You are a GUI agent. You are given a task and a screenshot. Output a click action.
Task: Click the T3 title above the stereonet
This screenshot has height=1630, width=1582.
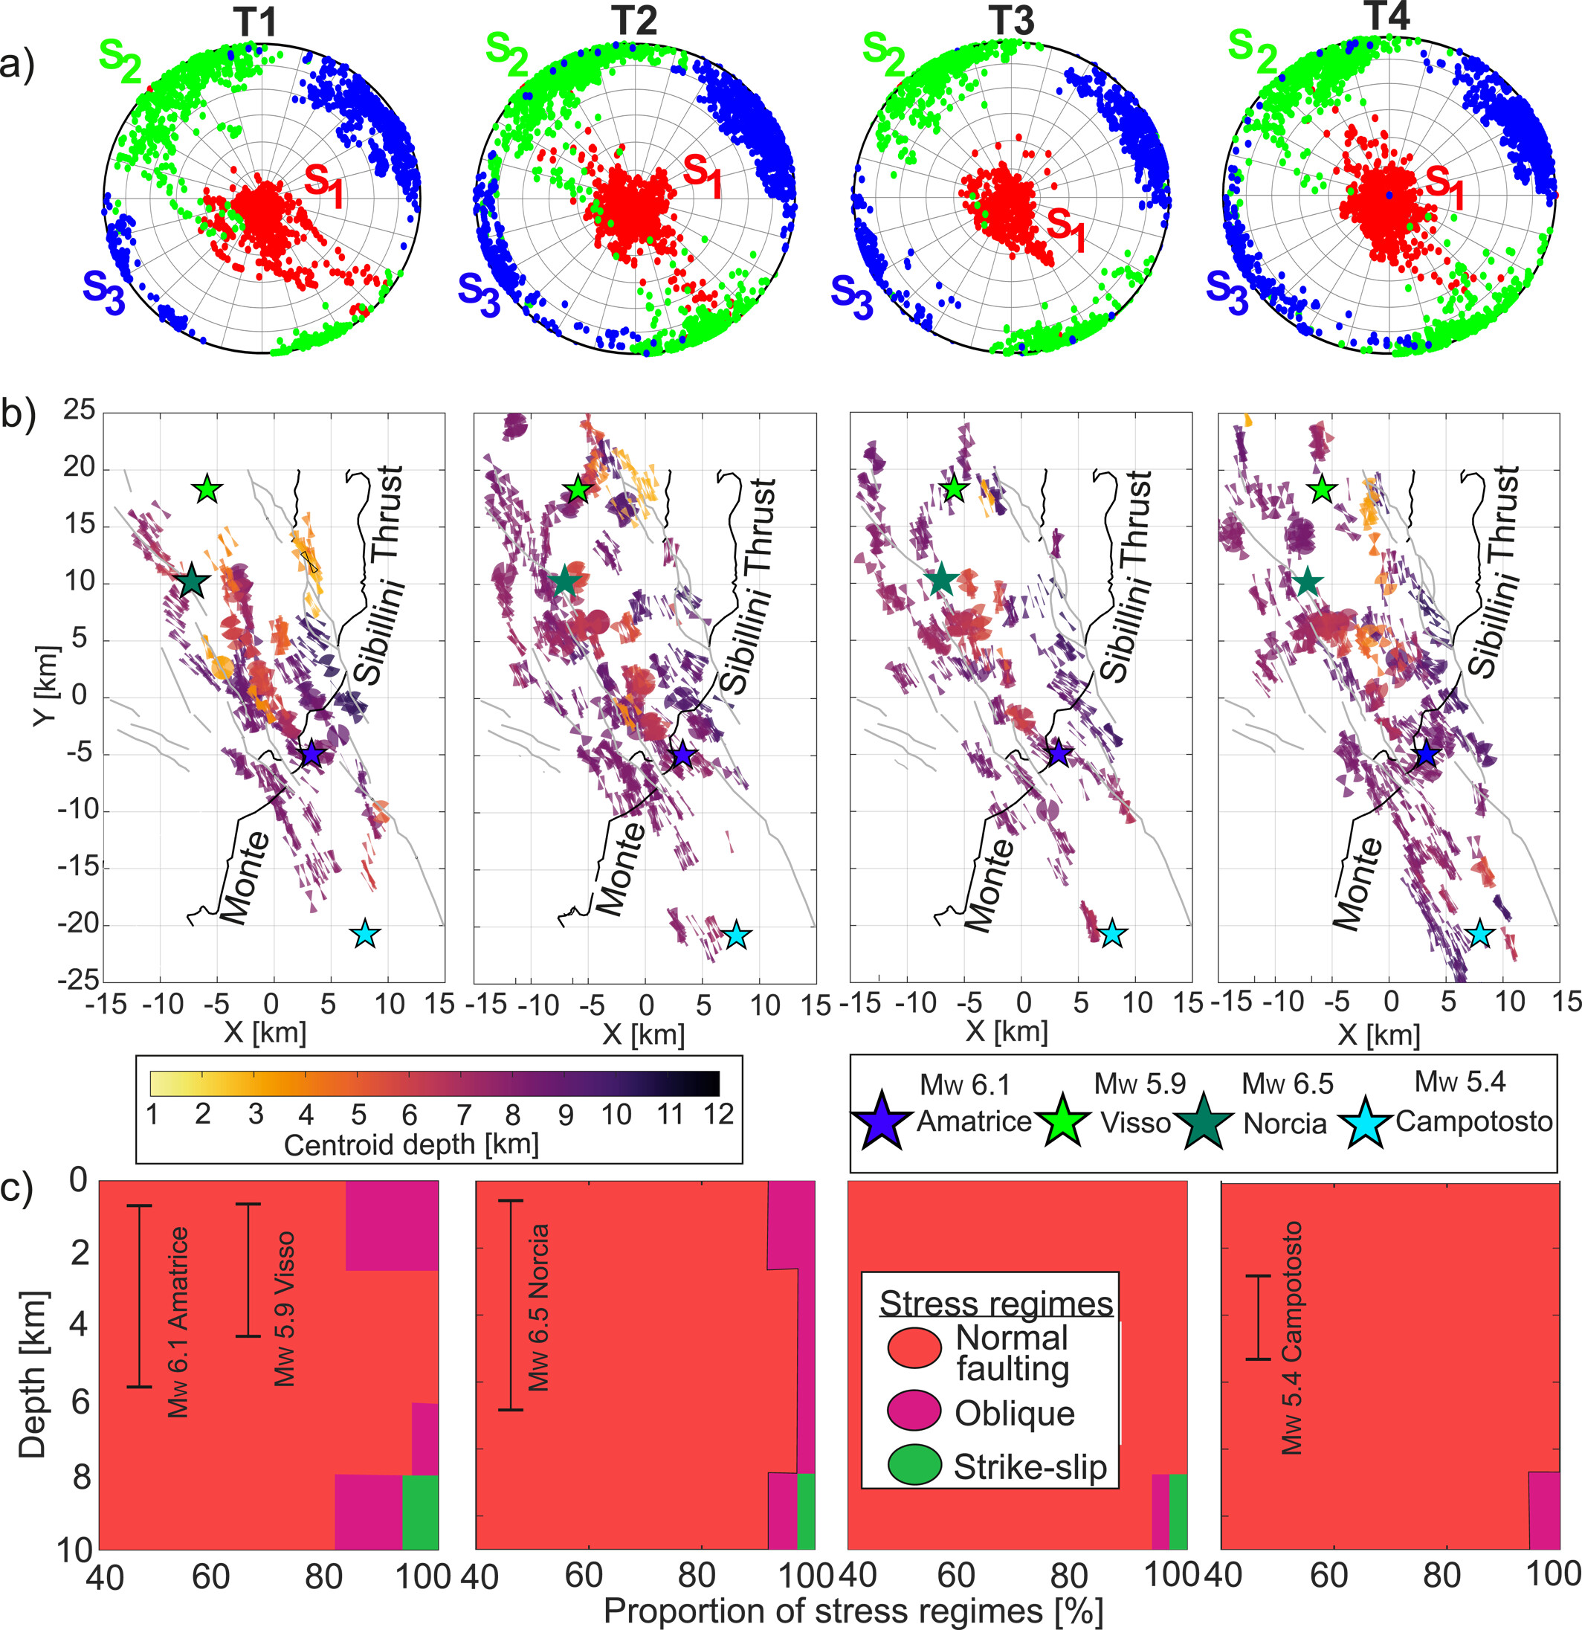1013,20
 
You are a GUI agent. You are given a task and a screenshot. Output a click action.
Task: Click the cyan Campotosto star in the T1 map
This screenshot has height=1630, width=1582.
366,935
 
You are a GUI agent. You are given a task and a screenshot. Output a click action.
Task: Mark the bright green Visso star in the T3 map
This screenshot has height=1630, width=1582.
955,490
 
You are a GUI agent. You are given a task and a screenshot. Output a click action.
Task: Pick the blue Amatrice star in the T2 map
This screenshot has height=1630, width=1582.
682,755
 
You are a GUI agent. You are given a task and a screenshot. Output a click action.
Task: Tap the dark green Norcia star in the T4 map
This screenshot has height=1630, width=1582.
1307,582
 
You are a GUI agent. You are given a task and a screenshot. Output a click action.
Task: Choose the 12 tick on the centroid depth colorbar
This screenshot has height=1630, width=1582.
718,1115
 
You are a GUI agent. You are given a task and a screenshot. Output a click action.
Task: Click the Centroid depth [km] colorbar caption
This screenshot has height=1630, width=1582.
412,1144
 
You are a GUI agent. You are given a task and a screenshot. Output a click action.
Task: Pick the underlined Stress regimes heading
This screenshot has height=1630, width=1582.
996,1303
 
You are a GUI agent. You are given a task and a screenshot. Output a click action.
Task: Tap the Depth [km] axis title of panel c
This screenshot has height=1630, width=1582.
33,1374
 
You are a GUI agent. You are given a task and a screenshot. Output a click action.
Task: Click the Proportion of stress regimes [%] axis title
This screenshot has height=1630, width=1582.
853,1611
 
